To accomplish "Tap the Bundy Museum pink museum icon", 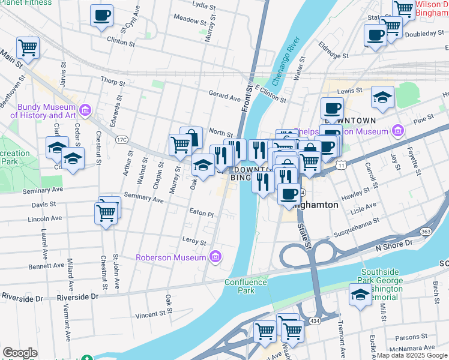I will click(85, 110).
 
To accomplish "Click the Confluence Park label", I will click(246, 286).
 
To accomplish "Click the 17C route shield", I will click(122, 139).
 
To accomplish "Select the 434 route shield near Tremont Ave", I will click(314, 322).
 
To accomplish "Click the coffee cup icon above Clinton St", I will click(101, 15).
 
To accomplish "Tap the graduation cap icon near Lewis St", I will click(382, 97).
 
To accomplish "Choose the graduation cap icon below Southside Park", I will click(360, 295).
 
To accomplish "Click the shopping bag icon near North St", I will click(191, 138).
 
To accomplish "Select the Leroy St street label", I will click(194, 240).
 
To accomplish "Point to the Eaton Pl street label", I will click(201, 213).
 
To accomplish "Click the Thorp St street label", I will click(113, 81).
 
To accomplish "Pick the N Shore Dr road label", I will click(394, 244).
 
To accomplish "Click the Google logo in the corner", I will click(20, 353).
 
